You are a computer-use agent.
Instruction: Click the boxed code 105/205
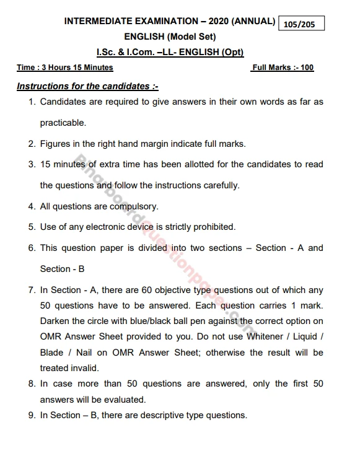[x=302, y=24]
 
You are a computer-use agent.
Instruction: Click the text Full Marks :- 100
[x=283, y=68]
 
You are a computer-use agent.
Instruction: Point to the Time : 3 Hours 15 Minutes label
[x=65, y=68]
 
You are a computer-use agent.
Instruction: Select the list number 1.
[x=32, y=102]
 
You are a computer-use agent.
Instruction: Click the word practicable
[x=63, y=123]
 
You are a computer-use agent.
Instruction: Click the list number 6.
[x=32, y=248]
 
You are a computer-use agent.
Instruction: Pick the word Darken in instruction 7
[x=55, y=322]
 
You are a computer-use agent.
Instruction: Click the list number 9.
[x=32, y=415]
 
